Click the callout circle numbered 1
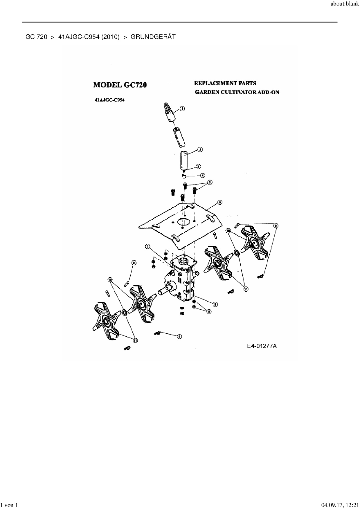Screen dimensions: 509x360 tap(182, 109)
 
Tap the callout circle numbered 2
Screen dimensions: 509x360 tap(200, 150)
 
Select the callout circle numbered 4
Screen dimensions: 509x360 tap(202, 175)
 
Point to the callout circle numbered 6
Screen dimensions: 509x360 tap(220, 202)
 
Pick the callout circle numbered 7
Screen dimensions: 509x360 tap(147, 247)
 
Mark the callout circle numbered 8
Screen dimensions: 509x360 tap(215, 304)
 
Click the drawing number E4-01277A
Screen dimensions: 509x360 tap(262, 346)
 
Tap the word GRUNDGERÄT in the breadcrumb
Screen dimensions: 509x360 tap(153, 37)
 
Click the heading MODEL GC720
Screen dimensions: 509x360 tap(120, 85)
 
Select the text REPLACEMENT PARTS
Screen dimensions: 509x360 tap(225, 83)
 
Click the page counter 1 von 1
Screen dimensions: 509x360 tap(10, 505)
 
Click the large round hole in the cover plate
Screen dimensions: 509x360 tap(183, 222)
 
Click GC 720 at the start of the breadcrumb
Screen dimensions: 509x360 tap(36, 37)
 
